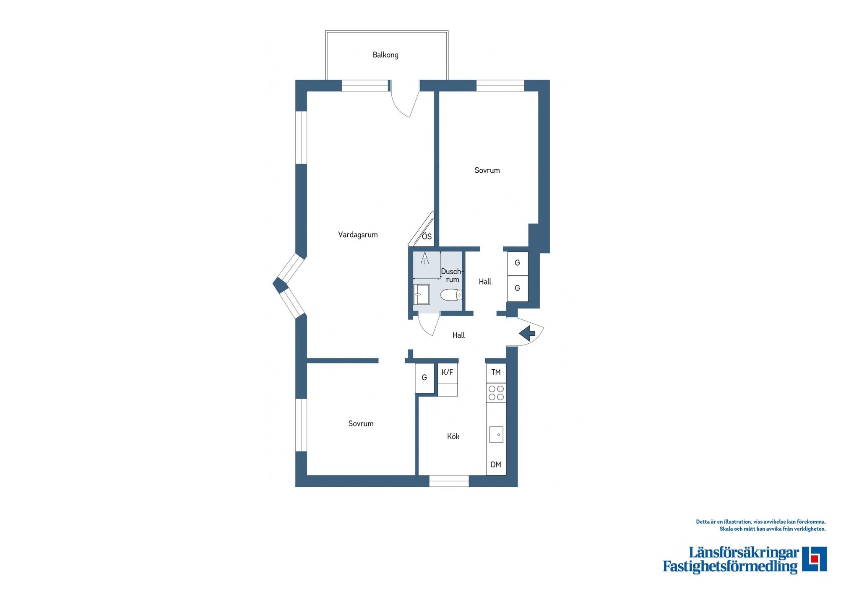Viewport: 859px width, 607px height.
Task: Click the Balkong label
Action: pos(385,55)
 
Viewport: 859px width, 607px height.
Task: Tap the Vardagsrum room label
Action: pos(358,235)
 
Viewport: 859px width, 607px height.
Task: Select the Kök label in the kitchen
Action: pos(453,436)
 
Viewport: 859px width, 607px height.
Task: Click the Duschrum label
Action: pos(451,275)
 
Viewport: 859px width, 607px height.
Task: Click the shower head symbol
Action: pos(424,258)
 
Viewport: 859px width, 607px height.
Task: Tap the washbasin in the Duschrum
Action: pos(421,294)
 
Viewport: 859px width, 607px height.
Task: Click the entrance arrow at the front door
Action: pos(527,334)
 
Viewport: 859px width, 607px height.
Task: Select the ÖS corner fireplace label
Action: pos(427,237)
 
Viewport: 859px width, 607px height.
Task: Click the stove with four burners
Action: pos(496,393)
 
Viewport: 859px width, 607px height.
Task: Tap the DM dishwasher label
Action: pos(496,464)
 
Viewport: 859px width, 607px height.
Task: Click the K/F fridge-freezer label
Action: pos(447,372)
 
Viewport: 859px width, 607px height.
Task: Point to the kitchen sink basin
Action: pos(496,435)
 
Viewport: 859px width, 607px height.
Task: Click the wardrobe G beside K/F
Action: pos(424,378)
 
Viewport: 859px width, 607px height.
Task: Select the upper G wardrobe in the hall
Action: pos(518,263)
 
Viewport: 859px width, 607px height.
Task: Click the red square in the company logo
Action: pos(814,559)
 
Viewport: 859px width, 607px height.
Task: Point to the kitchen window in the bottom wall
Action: pos(449,481)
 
